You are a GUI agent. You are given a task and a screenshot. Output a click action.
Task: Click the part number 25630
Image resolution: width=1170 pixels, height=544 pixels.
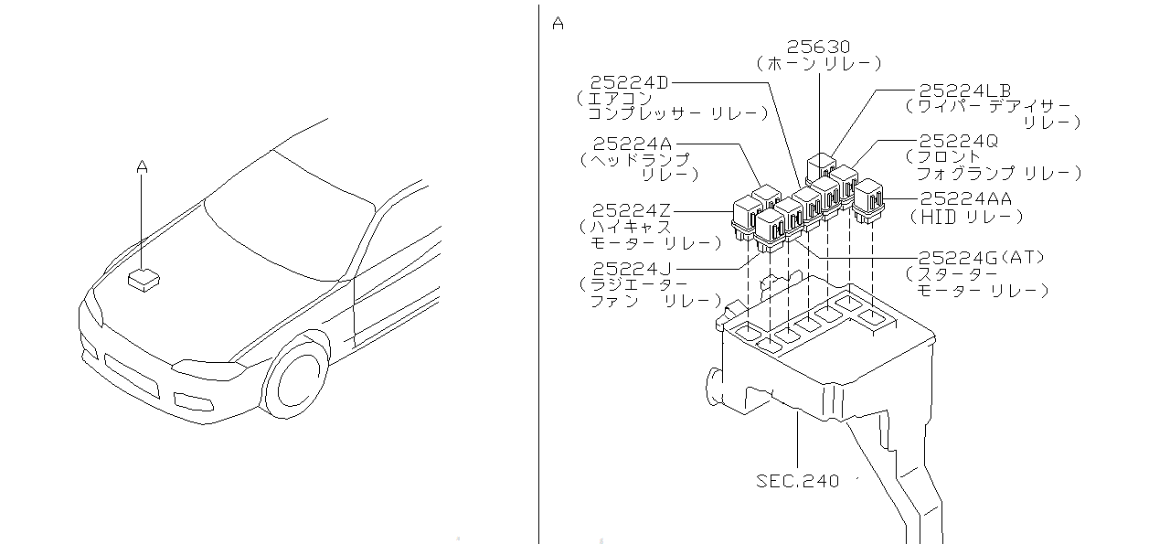click(x=818, y=47)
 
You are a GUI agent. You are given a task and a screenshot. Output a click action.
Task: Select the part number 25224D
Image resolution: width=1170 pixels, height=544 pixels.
click(x=630, y=82)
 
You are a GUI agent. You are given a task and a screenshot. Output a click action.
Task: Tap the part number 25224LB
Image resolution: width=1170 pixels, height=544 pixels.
click(x=965, y=91)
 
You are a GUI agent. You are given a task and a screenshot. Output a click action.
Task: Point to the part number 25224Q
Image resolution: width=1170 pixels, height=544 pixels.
click(x=959, y=141)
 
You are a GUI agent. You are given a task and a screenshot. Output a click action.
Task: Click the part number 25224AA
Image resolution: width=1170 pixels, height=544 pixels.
click(x=966, y=198)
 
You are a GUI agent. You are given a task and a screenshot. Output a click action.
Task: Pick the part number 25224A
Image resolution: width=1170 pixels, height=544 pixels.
click(x=633, y=144)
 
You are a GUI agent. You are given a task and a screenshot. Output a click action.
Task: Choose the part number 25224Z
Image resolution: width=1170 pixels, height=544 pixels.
click(x=631, y=210)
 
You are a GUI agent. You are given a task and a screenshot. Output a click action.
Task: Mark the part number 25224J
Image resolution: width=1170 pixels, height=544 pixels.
click(x=632, y=269)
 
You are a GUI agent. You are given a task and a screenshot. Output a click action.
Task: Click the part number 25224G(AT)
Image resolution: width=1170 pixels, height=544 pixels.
click(x=982, y=257)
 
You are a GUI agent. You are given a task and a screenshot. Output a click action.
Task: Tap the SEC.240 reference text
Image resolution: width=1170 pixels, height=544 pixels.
click(x=798, y=481)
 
